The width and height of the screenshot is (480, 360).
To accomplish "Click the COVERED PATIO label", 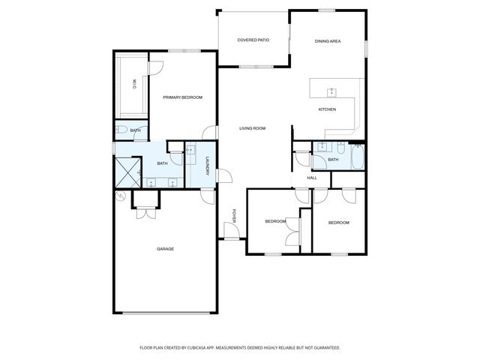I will click(253, 40).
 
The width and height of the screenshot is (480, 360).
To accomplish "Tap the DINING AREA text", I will click(327, 41).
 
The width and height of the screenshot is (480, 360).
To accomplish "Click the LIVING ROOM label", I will click(253, 128).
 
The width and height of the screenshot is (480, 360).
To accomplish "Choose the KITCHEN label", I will click(327, 109).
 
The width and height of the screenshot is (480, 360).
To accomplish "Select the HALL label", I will click(312, 178).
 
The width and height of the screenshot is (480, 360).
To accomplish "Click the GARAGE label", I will click(165, 249).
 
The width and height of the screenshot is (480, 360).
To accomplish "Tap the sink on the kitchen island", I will click(331, 91).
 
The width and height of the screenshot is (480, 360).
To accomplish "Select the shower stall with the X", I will click(128, 172).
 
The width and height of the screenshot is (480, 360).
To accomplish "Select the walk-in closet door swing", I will click(157, 67).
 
